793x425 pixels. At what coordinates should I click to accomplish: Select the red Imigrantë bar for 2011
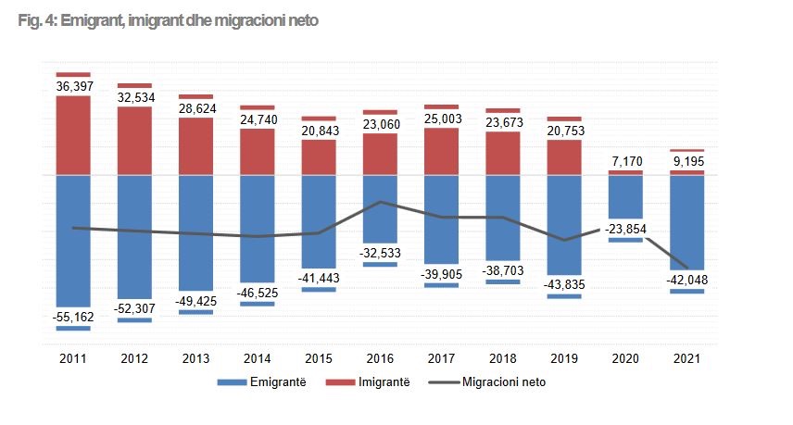coord(73,134)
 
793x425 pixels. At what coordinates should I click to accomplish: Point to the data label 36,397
coord(73,85)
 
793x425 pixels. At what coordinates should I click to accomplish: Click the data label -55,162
coord(73,317)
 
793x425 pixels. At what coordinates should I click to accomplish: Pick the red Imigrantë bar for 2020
coord(625,173)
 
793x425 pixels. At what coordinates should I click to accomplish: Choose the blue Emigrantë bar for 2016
coord(380,208)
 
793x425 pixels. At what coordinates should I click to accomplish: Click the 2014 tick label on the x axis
coord(257,359)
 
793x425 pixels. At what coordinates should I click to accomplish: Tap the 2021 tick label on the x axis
coord(686,359)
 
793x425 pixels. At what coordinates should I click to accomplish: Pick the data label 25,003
coord(441,118)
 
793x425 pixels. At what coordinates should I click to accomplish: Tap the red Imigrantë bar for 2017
coord(441,151)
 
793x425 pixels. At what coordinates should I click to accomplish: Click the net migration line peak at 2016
coord(380,202)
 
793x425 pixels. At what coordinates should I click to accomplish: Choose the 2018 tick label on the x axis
coord(502,359)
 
